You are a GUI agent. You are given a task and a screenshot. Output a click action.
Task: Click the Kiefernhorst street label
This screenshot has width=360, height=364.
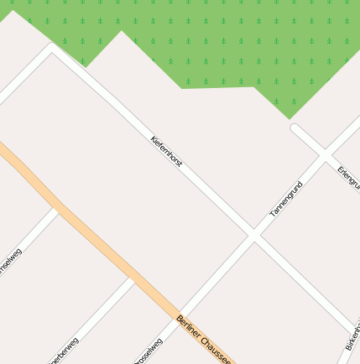(166, 151)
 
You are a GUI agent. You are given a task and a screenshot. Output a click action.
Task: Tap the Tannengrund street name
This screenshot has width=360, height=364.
(285, 200)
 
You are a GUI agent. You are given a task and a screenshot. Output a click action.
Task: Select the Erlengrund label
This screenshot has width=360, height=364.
(348, 176)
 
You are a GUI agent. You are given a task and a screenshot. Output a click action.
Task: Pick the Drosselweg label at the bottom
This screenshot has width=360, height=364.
(149, 351)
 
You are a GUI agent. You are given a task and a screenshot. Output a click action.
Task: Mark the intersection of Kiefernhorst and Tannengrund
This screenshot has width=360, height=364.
(253, 235)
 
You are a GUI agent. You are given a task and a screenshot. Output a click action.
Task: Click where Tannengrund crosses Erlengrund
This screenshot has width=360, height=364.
(325, 154)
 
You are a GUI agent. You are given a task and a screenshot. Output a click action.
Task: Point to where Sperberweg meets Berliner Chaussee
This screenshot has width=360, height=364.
(134, 278)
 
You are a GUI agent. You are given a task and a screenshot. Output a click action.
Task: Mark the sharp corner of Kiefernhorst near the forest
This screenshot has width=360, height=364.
(52, 49)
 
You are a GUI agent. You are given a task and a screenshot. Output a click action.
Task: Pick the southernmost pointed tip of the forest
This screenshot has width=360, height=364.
(289, 118)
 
